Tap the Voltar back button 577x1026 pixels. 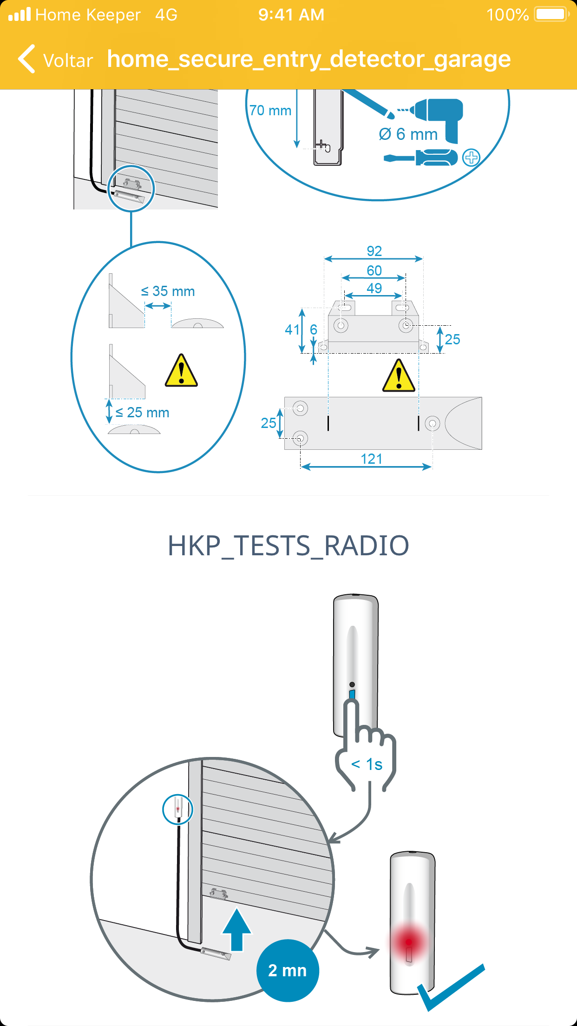click(56, 59)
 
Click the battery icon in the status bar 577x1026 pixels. click(552, 14)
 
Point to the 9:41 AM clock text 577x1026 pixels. click(291, 15)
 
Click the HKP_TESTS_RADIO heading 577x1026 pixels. click(288, 545)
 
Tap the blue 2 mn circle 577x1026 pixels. click(288, 970)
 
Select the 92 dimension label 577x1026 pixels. click(374, 251)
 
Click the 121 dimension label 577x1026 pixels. click(372, 459)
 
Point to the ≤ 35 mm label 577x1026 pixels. click(168, 291)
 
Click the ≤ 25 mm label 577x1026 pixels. click(142, 412)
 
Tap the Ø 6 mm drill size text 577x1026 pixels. click(408, 134)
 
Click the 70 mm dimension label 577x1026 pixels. click(270, 111)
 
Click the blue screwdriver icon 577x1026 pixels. click(421, 158)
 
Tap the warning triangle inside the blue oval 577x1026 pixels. click(181, 371)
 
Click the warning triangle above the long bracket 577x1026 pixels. click(399, 375)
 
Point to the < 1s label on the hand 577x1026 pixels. click(367, 764)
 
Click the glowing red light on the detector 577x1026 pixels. click(408, 942)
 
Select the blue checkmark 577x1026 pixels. click(451, 987)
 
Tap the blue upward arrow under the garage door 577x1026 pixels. click(237, 930)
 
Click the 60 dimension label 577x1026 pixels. click(374, 270)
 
